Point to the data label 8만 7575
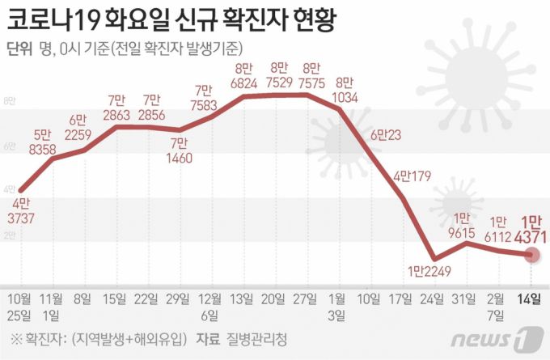coord(310,77)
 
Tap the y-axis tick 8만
coord(10,100)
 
